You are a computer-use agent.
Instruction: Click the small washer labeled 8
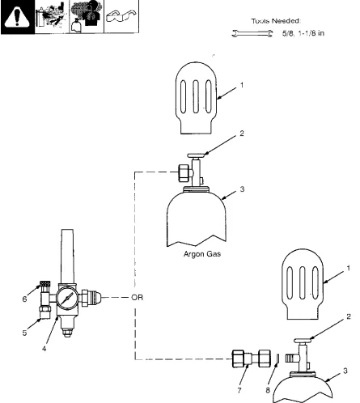click(x=274, y=358)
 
